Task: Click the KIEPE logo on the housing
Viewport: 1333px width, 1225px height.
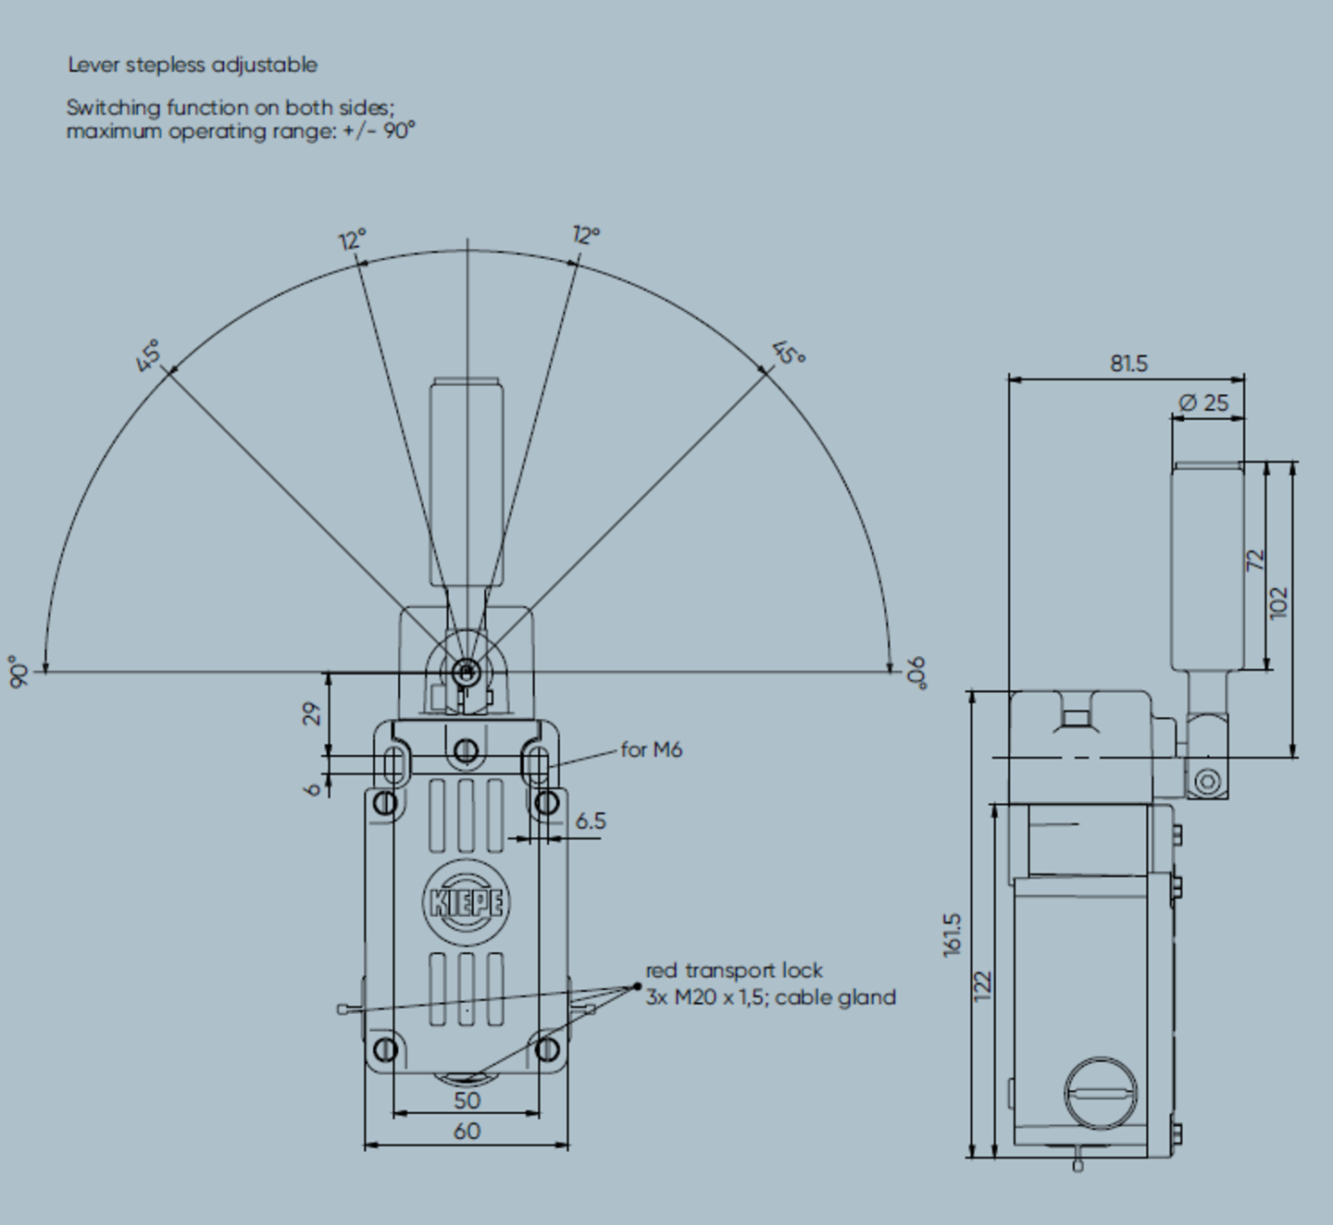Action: [467, 902]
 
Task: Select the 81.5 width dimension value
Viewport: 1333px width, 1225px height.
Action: [1128, 364]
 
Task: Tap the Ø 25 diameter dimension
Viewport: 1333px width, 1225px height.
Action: [1204, 402]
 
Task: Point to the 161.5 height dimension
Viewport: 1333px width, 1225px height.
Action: [953, 934]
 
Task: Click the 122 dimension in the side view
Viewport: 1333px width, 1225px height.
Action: [983, 984]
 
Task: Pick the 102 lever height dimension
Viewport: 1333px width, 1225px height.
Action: [1279, 602]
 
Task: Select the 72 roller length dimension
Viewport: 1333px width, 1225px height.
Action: [1255, 560]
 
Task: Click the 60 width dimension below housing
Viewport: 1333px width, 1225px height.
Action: [467, 1131]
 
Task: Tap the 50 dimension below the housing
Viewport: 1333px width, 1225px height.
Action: [467, 1100]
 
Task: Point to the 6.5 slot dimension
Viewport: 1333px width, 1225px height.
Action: [591, 821]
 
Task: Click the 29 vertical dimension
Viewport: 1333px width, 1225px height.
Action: [313, 713]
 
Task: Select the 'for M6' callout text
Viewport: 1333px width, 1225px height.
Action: [651, 749]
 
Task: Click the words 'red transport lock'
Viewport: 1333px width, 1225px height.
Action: [734, 971]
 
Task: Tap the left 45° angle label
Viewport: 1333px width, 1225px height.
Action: [148, 355]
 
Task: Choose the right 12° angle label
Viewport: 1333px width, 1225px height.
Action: [586, 235]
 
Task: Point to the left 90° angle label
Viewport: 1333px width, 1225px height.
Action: [18, 672]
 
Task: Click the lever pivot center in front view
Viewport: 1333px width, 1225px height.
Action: [467, 672]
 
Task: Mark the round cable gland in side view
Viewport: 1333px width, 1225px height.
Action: [1101, 1093]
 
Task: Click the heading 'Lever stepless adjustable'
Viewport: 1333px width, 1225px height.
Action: [193, 65]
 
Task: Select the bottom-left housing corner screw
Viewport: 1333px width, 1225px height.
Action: [386, 1049]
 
